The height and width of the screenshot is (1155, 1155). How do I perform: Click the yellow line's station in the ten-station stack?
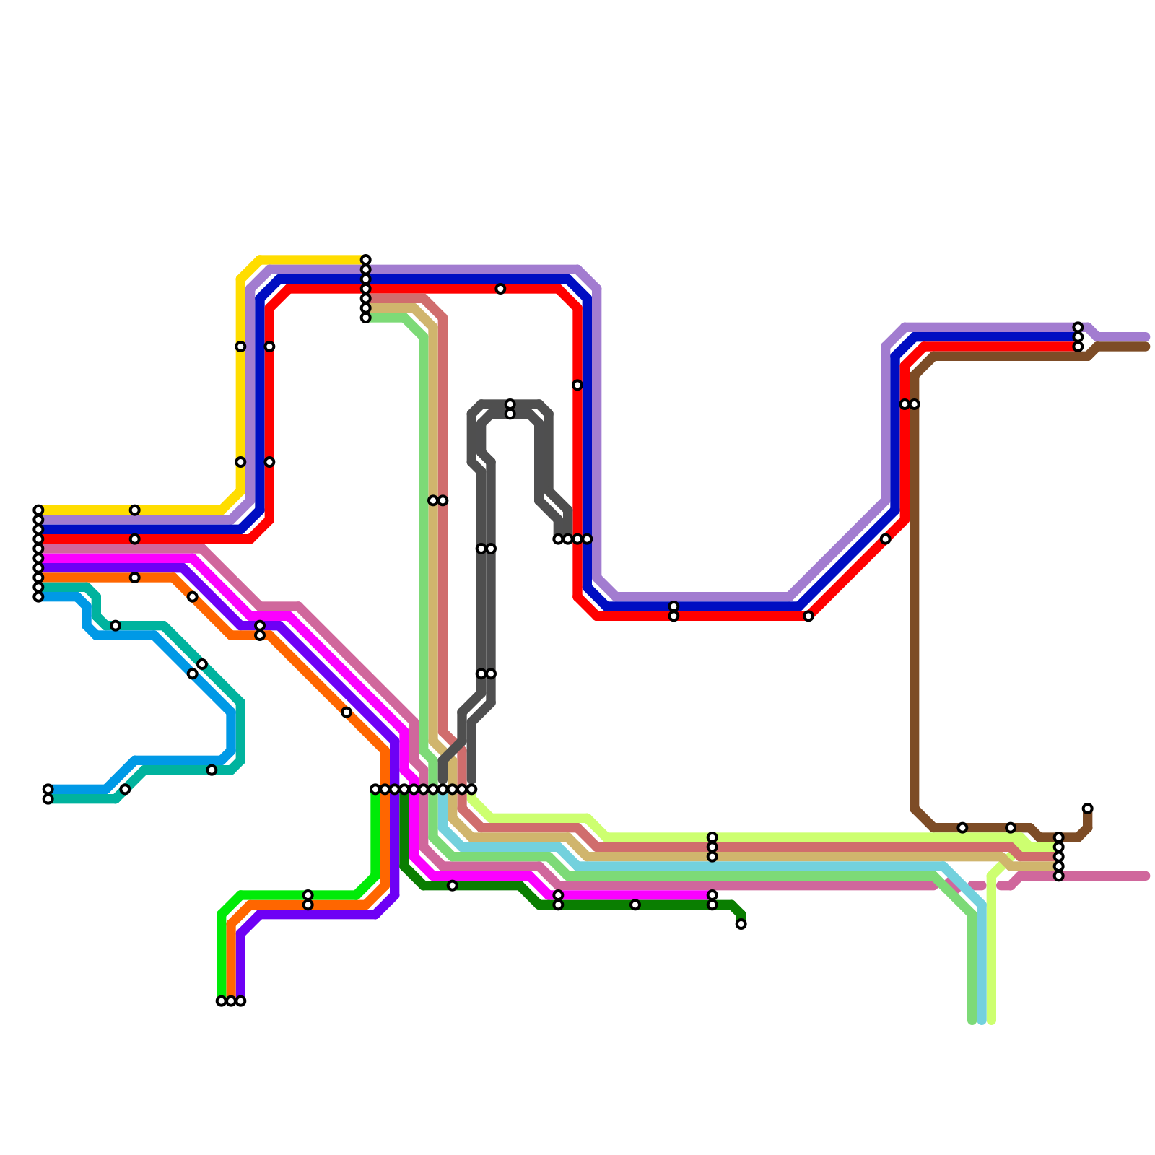coord(38,510)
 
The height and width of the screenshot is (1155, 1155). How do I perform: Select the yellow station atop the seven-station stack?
coord(366,260)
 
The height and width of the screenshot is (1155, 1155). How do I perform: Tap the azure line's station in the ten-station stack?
coord(38,597)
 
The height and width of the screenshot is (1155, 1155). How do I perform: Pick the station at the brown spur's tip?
coord(1088,808)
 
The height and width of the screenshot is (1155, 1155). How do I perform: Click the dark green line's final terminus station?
coord(741,924)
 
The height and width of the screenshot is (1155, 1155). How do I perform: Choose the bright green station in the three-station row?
coord(221,1001)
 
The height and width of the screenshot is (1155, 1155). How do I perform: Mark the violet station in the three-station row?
coord(240,1001)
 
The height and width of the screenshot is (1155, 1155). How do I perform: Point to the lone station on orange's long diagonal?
coord(346,712)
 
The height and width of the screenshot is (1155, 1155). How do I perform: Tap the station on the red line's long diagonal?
coord(886,539)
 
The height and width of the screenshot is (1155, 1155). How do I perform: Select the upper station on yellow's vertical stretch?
coord(240,346)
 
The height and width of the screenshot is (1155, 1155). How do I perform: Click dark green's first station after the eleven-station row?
coord(452,886)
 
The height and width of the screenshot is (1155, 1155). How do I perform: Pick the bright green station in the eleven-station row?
coord(375,789)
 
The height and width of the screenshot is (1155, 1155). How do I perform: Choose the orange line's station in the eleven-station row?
coord(385,789)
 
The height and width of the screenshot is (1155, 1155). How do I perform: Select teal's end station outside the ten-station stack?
coord(48,799)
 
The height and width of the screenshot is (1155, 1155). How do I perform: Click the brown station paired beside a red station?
coord(915,404)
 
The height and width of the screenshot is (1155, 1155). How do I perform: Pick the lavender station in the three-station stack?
coord(1078,327)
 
